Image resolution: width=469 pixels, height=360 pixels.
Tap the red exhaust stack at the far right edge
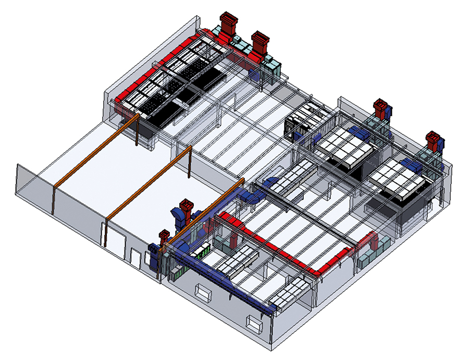tap(433, 142)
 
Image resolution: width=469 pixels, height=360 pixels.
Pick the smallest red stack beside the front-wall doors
tap(164, 237)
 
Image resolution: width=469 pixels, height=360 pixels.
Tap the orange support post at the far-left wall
tap(53, 198)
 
